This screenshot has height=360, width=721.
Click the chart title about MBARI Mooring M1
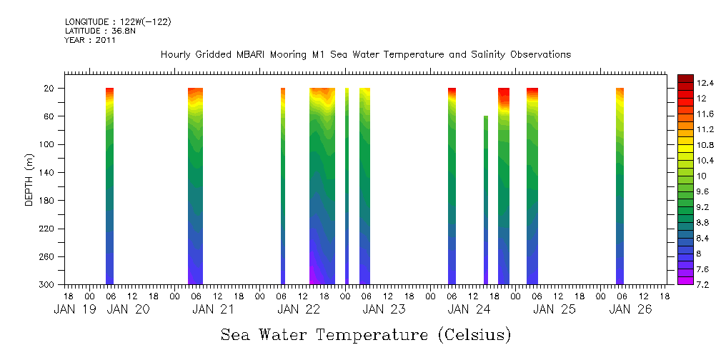tap(365, 55)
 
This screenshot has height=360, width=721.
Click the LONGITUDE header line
tap(118, 22)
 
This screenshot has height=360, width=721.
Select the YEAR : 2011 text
tap(90, 40)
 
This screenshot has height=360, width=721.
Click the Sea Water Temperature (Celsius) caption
tap(366, 334)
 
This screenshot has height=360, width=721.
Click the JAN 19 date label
tap(74, 309)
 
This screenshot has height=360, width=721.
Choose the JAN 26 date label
tap(630, 309)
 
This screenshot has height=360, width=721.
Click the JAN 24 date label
tap(468, 309)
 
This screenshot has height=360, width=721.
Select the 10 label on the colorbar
tap(682, 176)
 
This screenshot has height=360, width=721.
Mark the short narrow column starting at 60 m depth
tap(486, 200)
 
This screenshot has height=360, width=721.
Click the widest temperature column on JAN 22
tap(322, 186)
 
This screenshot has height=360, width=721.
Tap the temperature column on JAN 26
tap(620, 186)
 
